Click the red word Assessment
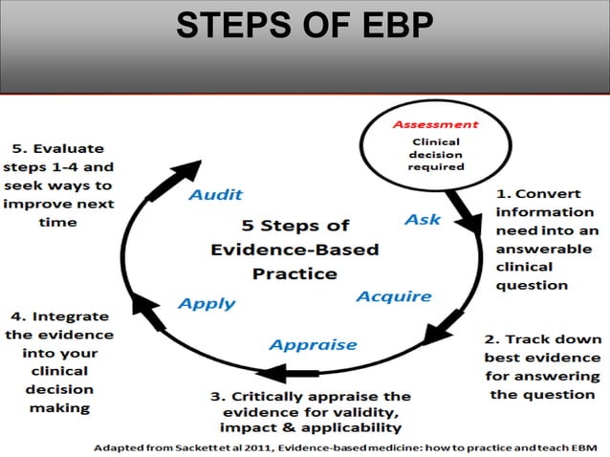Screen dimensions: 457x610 pyautogui.click(x=435, y=124)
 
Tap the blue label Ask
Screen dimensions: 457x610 pyautogui.click(x=422, y=220)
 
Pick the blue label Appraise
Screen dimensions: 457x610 pyautogui.click(x=313, y=344)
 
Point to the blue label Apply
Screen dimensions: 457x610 pyautogui.click(x=207, y=303)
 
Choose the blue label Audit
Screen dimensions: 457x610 pyautogui.click(x=215, y=194)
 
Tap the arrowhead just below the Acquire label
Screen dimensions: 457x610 pyautogui.click(x=438, y=332)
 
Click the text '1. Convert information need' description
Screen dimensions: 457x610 pyautogui.click(x=545, y=239)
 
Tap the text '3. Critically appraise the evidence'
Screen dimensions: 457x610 pyautogui.click(x=310, y=411)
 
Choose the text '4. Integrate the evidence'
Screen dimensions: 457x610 pyautogui.click(x=59, y=361)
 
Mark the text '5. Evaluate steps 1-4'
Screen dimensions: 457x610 pyautogui.click(x=59, y=185)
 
